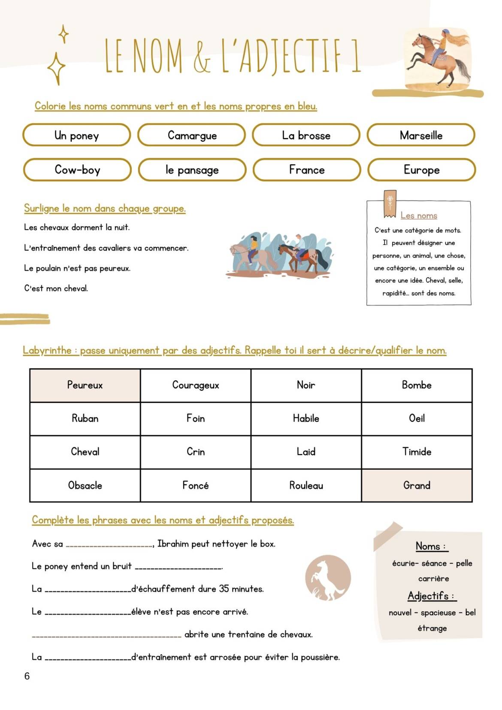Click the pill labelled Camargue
coord(191,135)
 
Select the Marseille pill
coord(421,135)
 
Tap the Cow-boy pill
coord(77,169)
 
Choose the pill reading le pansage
coord(192,170)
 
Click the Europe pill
coord(421,170)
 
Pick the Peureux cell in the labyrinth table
coord(85,385)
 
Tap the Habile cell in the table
coord(306,418)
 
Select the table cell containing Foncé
coord(196,485)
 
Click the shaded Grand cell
coord(417,485)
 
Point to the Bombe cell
coord(417,385)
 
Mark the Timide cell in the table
coord(417,451)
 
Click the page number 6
coord(27,676)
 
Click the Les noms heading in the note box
coord(419,215)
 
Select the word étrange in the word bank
coord(432,628)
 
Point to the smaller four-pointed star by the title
coord(64,34)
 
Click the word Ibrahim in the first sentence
coord(173,544)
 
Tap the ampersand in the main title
coord(202,56)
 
